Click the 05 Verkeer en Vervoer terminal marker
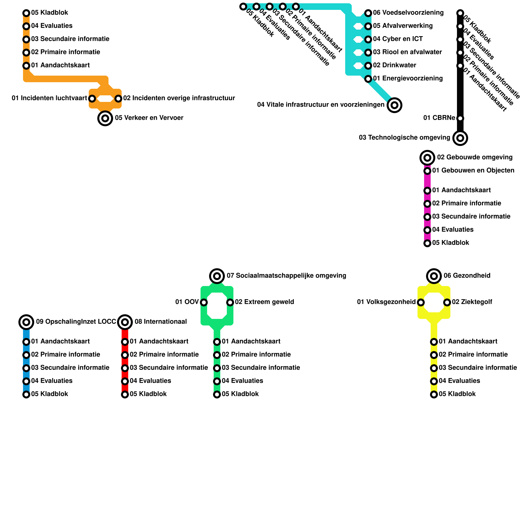(105, 118)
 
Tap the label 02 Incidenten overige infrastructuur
(179, 98)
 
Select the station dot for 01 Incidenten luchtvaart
(92, 99)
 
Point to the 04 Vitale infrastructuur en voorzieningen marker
(394, 105)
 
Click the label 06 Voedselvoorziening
(408, 13)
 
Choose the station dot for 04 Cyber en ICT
(368, 39)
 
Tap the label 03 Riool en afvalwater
(407, 52)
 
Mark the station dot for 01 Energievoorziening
(368, 79)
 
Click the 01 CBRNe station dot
(460, 118)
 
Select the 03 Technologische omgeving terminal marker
(460, 138)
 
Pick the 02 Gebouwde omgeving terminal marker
(427, 158)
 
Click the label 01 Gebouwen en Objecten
(473, 171)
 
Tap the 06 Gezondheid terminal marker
(434, 276)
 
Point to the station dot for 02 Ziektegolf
(447, 302)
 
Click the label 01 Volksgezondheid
(386, 302)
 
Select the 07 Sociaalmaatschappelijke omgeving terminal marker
(217, 276)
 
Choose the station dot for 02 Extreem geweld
(230, 302)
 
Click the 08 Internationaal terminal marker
(125, 322)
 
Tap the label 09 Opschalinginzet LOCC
(76, 322)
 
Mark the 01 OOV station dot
(204, 302)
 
